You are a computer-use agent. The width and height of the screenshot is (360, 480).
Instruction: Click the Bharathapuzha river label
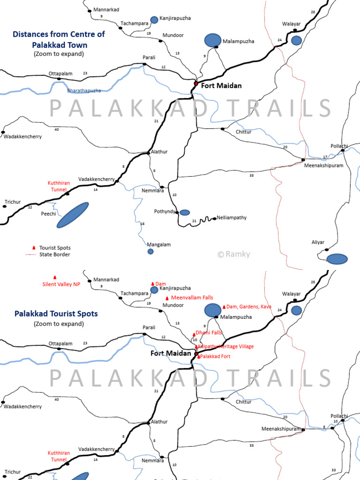pyautogui.click(x=84, y=90)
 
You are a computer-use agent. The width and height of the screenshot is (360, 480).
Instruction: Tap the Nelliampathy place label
pyautogui.click(x=232, y=218)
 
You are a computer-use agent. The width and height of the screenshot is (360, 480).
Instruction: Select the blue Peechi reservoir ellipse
pyautogui.click(x=73, y=215)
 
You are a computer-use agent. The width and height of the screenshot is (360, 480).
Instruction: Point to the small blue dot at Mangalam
pyautogui.click(x=150, y=252)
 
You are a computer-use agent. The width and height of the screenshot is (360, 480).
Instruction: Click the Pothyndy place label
pyautogui.click(x=165, y=211)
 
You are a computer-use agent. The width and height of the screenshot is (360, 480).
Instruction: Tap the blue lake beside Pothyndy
pyautogui.click(x=185, y=212)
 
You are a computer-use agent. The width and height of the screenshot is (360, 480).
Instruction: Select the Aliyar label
pyautogui.click(x=318, y=242)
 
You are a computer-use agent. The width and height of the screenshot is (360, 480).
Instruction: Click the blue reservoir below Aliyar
pyautogui.click(x=337, y=259)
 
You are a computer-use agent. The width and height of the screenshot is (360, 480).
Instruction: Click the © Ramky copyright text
pyautogui.click(x=234, y=254)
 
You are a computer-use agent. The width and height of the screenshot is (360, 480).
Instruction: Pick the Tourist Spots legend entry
pyautogui.click(x=54, y=247)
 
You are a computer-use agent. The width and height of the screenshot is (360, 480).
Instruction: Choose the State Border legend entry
pyautogui.click(x=55, y=255)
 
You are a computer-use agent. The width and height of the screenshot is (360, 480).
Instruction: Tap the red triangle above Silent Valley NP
pyautogui.click(x=55, y=277)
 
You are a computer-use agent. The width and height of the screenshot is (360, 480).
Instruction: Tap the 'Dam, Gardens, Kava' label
pyautogui.click(x=248, y=307)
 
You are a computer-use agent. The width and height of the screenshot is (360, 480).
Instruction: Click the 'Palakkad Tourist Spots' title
pyautogui.click(x=56, y=314)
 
